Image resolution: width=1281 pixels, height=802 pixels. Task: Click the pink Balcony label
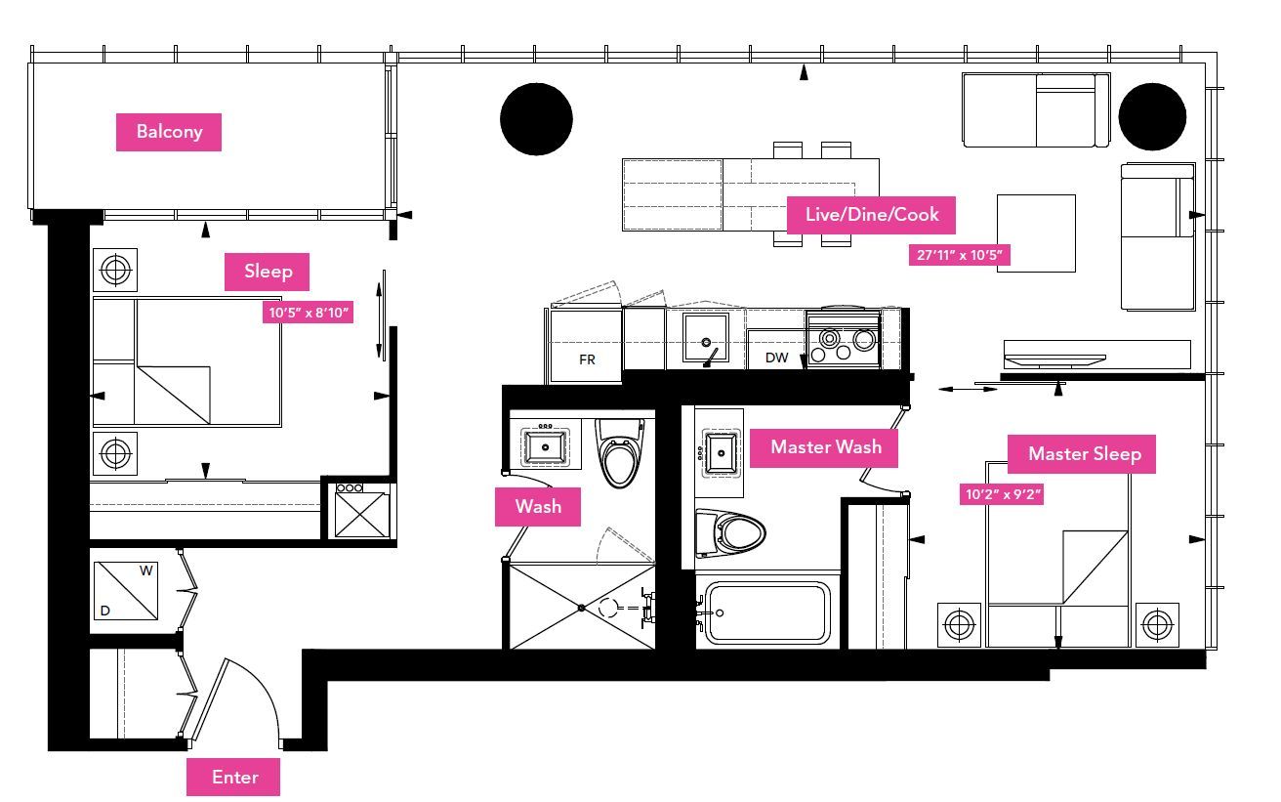pos(169,132)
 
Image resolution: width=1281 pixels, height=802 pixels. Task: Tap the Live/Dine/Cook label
pos(871,215)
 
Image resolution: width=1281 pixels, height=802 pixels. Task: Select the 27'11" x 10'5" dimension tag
pos(960,255)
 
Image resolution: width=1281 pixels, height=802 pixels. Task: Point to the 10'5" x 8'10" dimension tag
pos(309,313)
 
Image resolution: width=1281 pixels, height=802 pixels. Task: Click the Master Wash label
pos(824,448)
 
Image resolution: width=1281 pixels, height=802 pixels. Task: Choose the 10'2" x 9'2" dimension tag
pos(1002,494)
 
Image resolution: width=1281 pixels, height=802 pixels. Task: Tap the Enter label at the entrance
pos(233,777)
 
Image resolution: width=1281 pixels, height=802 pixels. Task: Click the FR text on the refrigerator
pos(587,359)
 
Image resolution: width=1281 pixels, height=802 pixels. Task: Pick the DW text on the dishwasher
pos(776,359)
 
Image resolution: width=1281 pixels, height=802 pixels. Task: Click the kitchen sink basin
pos(706,337)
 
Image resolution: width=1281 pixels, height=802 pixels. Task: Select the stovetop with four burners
pos(843,339)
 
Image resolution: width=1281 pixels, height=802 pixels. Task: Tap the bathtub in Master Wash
pos(768,613)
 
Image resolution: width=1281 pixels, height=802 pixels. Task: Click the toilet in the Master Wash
pos(730,533)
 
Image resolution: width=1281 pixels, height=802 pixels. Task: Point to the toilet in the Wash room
pos(620,453)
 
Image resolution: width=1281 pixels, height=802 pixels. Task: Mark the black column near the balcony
pos(536,119)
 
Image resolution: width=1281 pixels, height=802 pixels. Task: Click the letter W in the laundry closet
pos(145,570)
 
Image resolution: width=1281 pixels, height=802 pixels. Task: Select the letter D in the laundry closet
pos(105,611)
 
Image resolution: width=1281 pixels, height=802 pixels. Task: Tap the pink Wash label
pos(538,507)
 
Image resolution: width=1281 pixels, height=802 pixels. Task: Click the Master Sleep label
pos(1082,454)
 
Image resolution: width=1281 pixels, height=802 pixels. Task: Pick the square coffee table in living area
pos(1036,233)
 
